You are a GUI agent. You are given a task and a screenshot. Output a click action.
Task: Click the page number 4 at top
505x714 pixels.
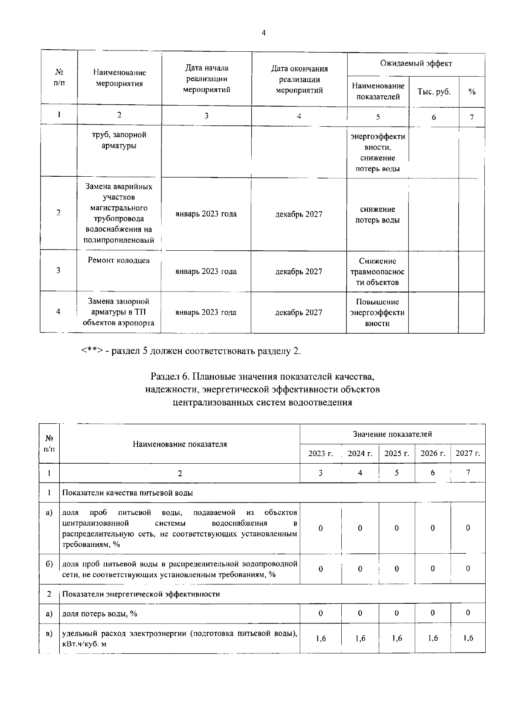263,33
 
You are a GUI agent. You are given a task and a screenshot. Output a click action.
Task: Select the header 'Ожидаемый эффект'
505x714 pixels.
416,64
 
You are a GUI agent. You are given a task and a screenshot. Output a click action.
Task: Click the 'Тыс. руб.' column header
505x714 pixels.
433,92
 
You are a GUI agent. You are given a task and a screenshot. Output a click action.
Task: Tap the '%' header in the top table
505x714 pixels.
472,92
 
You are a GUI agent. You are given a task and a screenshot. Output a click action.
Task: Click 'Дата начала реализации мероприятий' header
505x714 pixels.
207,79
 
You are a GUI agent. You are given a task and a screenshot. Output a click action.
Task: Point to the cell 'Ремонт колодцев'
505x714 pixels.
119,260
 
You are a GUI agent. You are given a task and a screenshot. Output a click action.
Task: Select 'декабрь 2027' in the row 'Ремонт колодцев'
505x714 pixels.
298,271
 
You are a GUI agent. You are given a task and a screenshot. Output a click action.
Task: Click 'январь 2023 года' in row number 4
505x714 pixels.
206,312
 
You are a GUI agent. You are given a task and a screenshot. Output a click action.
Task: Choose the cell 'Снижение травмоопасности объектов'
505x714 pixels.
377,271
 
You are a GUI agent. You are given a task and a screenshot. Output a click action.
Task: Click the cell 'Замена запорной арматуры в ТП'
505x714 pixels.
119,312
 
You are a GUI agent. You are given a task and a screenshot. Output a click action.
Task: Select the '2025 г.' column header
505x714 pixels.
396,453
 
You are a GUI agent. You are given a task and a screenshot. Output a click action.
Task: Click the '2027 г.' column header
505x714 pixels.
468,453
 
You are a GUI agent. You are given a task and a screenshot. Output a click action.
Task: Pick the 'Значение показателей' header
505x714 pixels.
392,434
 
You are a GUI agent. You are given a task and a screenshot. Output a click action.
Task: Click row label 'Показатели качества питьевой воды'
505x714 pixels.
128,493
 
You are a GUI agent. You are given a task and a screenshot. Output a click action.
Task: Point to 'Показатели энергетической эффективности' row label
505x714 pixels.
141,594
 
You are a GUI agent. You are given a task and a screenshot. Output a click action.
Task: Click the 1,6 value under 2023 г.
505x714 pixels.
321,638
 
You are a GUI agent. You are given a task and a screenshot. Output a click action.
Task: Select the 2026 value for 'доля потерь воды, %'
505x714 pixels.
433,613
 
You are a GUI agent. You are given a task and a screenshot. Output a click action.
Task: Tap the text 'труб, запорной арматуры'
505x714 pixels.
119,140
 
